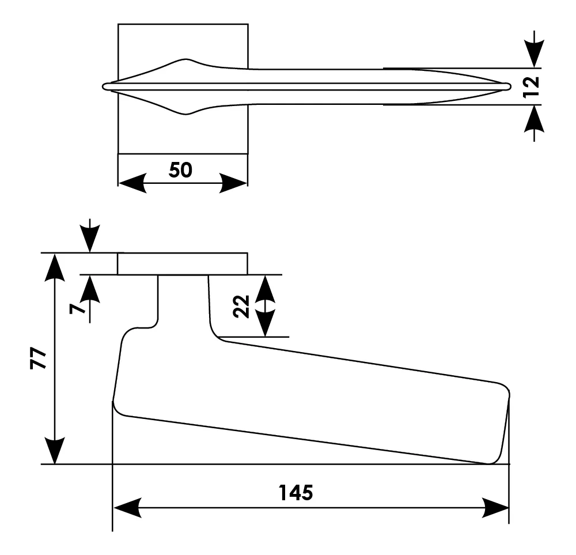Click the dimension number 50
click(x=180, y=170)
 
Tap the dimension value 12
click(x=531, y=87)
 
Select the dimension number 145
click(x=295, y=493)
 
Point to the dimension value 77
click(x=38, y=358)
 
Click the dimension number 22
click(x=241, y=306)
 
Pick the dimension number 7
click(x=77, y=308)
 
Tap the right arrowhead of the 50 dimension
click(x=233, y=183)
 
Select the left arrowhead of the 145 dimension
click(x=127, y=508)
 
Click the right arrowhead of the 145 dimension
click(x=495, y=508)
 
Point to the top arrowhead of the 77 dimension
click(x=54, y=267)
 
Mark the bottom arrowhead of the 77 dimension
click(x=54, y=450)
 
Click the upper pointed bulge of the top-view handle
click(x=185, y=60)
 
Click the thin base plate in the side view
click(x=183, y=264)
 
